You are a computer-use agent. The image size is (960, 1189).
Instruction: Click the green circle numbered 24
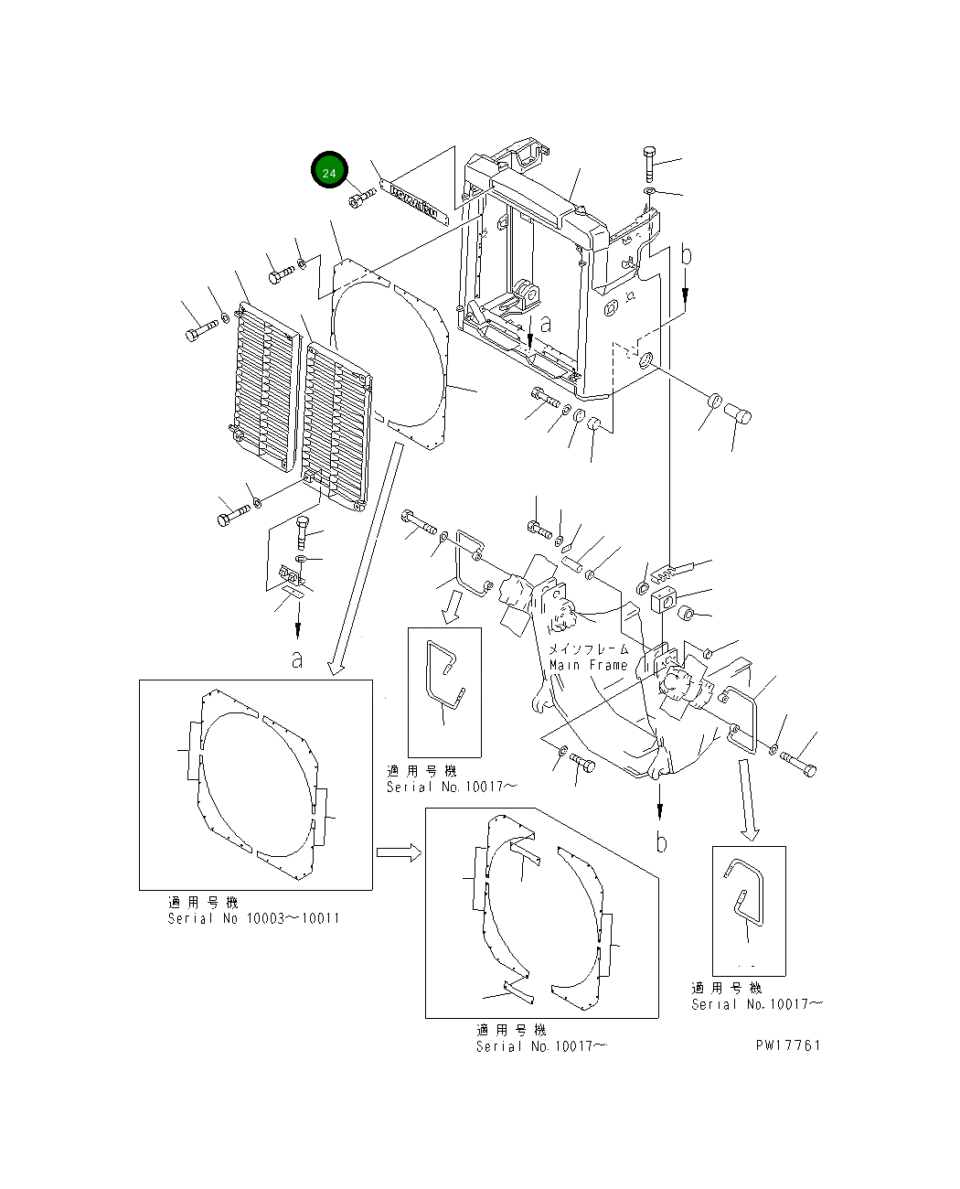(329, 171)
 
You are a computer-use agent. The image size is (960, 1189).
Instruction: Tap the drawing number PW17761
(787, 1045)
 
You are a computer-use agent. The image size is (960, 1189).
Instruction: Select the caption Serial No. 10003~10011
(253, 918)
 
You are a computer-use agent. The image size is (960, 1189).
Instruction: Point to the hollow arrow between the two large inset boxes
(398, 852)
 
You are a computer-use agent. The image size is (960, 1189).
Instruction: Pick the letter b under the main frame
(661, 842)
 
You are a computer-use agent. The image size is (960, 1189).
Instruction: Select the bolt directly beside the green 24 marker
(362, 198)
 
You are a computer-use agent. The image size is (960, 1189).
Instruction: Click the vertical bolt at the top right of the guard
(649, 164)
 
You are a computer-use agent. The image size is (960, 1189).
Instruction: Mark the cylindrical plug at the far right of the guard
(738, 414)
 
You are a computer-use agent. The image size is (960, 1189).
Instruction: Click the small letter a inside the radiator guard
(545, 325)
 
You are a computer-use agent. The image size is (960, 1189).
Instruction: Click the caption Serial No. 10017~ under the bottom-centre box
(540, 1046)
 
